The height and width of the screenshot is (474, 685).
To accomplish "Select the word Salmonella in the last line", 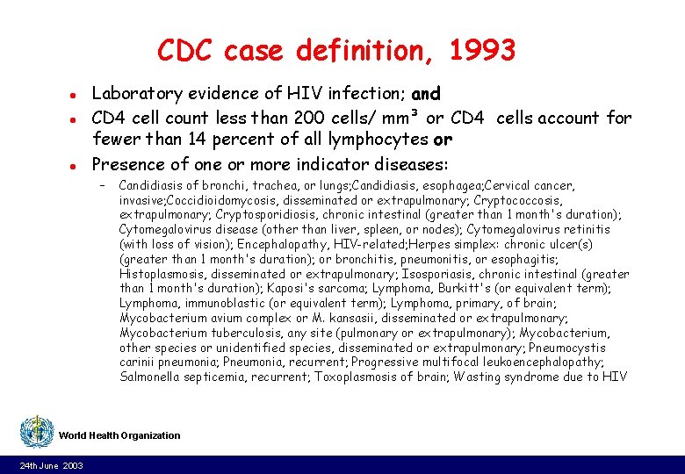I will [x=149, y=377].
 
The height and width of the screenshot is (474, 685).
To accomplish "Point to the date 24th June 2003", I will [x=51, y=465].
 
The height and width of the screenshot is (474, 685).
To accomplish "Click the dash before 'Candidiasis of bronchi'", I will [x=103, y=186].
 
